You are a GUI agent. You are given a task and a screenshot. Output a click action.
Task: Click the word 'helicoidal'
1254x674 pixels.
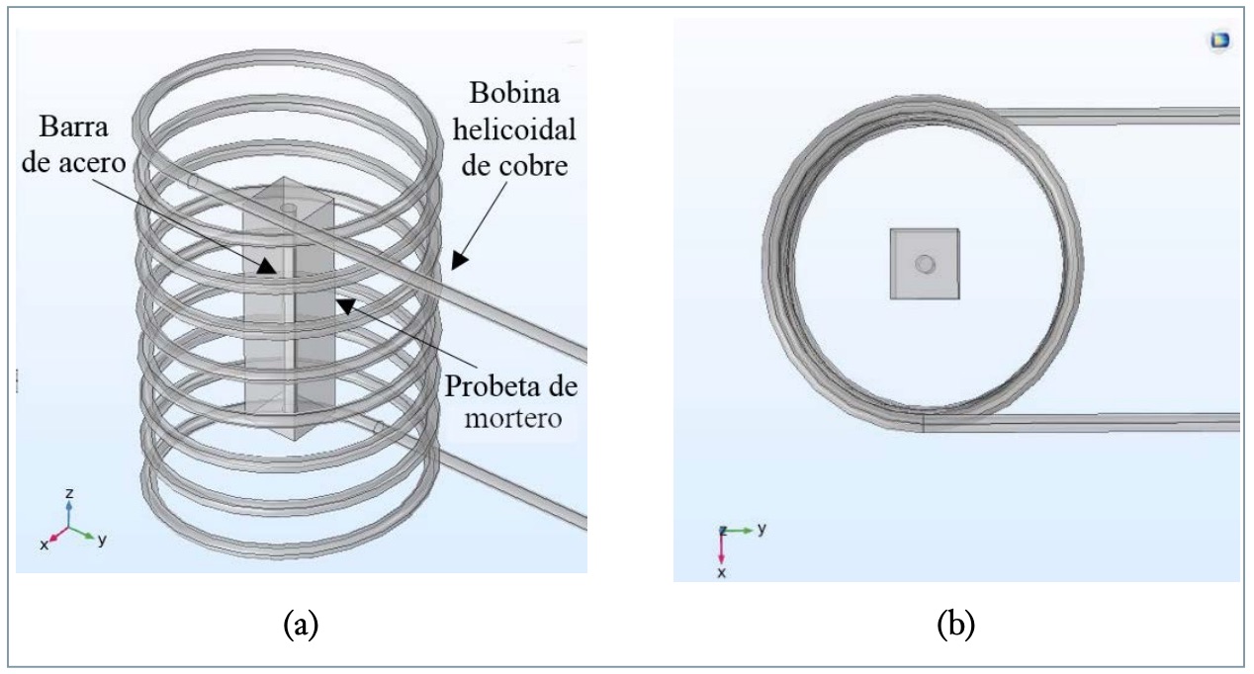522,131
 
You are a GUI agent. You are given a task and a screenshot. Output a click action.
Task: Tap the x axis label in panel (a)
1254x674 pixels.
45,545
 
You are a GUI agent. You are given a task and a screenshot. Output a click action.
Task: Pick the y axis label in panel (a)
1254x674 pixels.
102,541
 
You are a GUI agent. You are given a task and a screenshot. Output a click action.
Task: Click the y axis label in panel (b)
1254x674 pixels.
761,529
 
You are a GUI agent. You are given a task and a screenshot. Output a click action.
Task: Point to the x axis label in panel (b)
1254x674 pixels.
721,572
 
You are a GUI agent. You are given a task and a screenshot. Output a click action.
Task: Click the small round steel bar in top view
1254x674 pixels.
925,264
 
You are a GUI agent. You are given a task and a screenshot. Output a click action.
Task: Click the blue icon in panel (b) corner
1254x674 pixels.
1219,41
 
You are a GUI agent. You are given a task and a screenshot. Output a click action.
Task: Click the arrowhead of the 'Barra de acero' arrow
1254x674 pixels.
266,265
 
